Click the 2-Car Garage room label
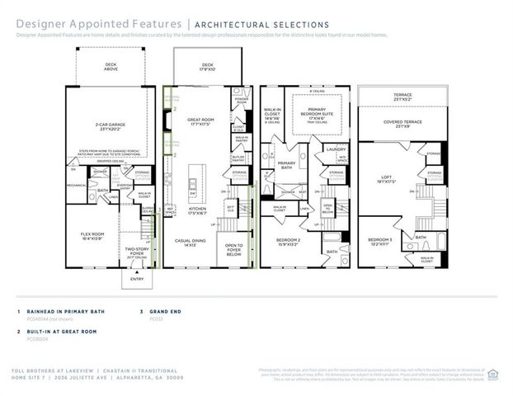pos(111,127)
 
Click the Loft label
pos(386,175)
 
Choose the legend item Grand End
pos(167,312)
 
